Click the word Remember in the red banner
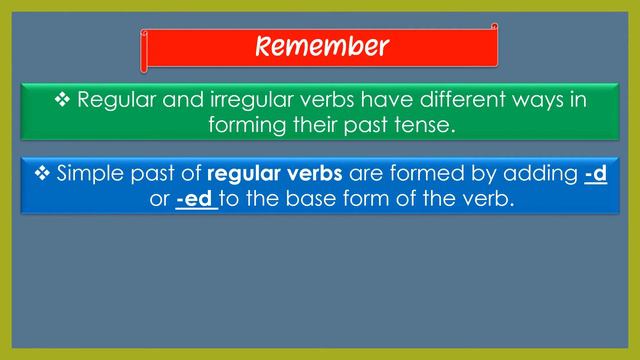click(320, 46)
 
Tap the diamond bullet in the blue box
click(42, 173)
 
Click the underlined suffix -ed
click(196, 199)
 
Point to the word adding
click(537, 174)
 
